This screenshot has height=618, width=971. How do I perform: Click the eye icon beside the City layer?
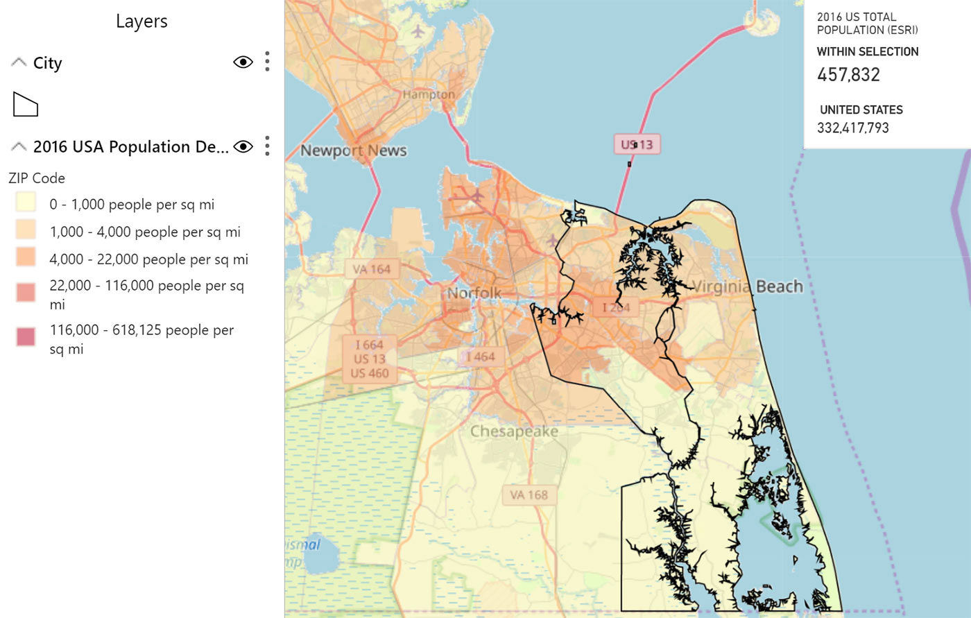[x=243, y=62]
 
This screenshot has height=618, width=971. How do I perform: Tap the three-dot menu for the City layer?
[x=267, y=62]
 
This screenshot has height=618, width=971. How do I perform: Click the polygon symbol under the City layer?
[x=26, y=105]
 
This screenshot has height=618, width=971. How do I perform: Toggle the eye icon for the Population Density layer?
[x=243, y=146]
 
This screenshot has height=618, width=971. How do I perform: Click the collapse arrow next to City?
[x=19, y=63]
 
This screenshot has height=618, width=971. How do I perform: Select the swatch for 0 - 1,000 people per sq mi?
[x=26, y=203]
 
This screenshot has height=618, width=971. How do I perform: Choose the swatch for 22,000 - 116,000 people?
[x=26, y=293]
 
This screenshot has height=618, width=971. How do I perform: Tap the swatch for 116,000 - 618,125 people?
[x=26, y=337]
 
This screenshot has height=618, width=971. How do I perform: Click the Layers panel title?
[x=141, y=22]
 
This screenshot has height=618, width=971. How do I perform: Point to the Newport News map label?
[x=353, y=151]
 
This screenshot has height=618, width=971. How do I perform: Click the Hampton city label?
[x=429, y=94]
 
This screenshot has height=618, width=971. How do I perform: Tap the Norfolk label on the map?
[x=474, y=293]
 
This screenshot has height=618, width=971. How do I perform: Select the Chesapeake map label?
[x=514, y=431]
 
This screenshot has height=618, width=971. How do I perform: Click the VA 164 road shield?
[x=372, y=269]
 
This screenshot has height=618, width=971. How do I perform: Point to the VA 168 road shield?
[x=529, y=495]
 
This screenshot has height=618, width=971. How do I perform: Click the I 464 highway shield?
[x=480, y=357]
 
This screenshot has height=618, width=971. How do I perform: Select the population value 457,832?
[x=848, y=75]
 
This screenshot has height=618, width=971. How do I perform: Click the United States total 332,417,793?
[x=852, y=128]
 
